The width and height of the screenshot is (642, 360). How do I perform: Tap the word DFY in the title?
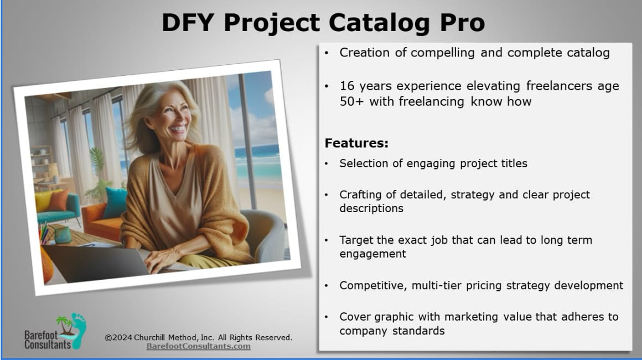coord(188,22)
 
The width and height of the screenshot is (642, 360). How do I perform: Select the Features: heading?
coord(356,143)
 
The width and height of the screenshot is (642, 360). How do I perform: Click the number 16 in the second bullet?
coord(347,86)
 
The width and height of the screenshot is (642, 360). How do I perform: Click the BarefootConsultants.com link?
coord(199,346)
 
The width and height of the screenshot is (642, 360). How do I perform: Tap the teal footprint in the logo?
coord(79,330)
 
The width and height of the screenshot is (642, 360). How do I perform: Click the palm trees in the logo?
coord(65,325)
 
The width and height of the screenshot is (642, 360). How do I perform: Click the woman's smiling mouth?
coord(177,128)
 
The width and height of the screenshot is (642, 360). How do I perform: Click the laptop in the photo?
coord(99,262)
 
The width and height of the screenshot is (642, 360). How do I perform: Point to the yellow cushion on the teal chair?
coord(43,200)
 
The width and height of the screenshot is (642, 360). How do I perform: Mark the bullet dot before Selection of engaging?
coord(327,164)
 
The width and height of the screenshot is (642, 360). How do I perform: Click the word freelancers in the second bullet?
coord(560,86)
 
